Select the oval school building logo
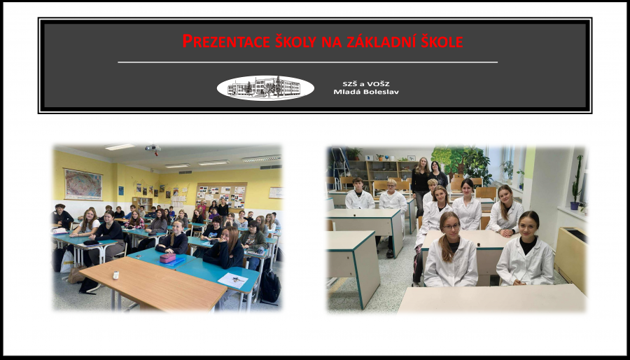coord(265,88)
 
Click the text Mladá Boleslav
coord(366,92)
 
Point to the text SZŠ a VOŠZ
coord(366,84)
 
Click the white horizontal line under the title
coord(307,62)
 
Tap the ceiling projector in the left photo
coord(153,148)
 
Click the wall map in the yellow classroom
coord(83,184)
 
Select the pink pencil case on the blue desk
coord(167,258)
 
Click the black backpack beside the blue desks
coord(270,286)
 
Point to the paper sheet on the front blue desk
coord(232,280)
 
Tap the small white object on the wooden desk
coord(115,275)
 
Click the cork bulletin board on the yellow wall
coord(220,195)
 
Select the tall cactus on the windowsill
coord(577,179)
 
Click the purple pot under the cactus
coord(575,206)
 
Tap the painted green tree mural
coord(460,162)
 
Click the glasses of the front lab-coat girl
coord(451,227)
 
